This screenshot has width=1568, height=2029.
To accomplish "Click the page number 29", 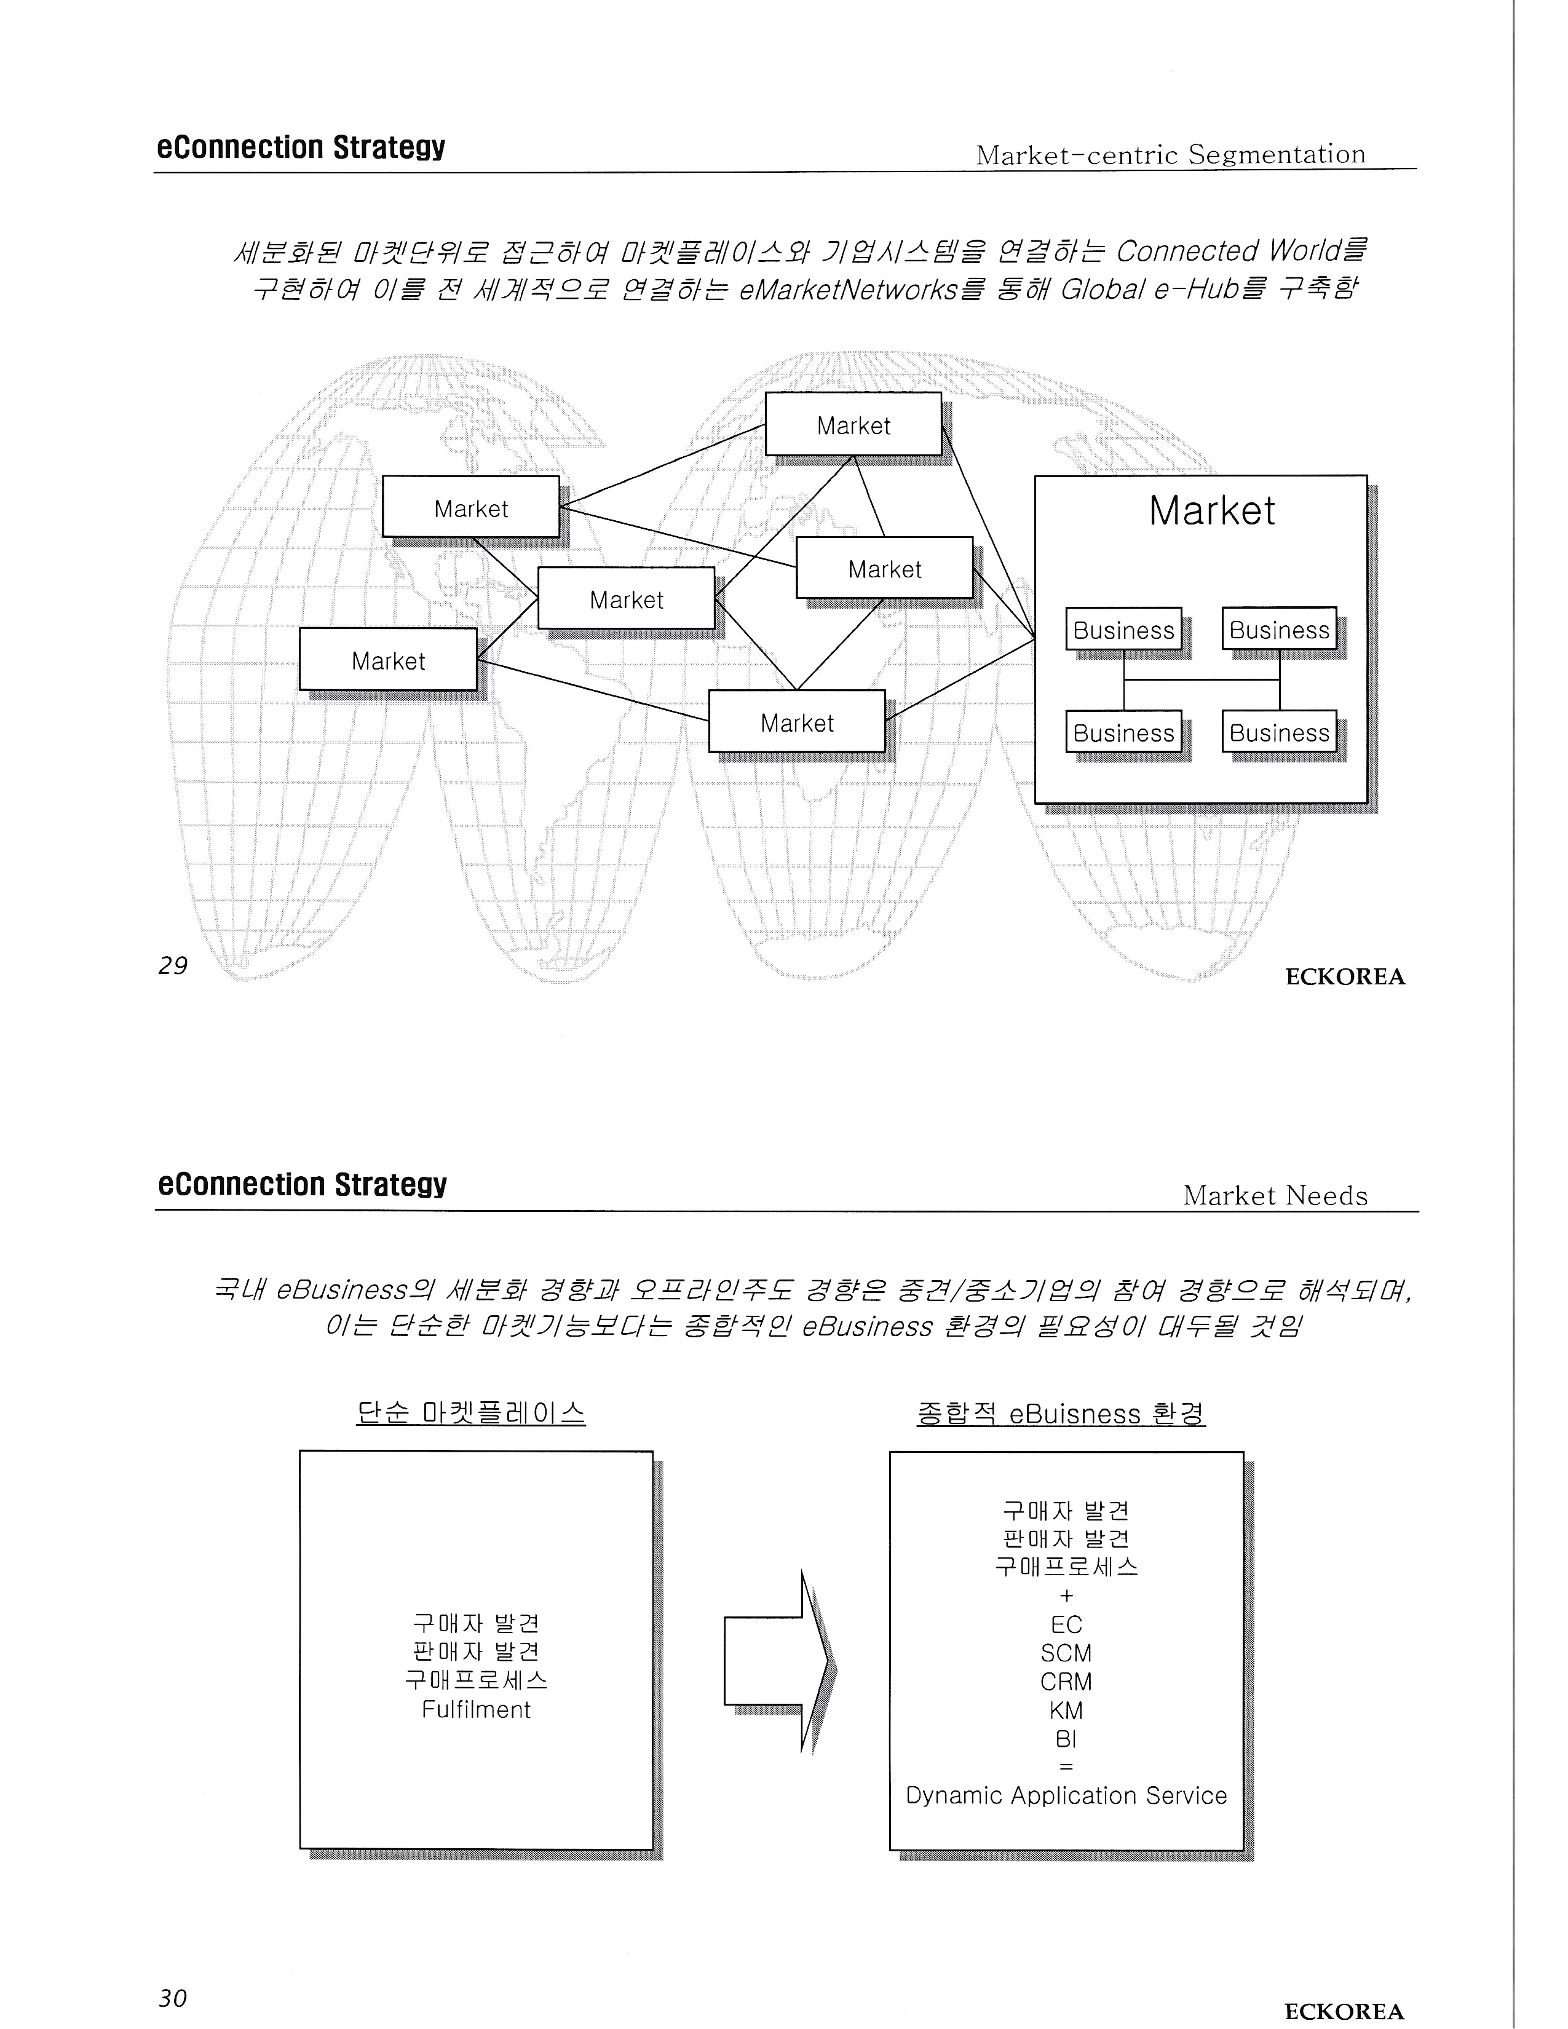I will click(x=173, y=966).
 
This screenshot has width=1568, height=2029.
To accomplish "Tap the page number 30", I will click(x=173, y=1998).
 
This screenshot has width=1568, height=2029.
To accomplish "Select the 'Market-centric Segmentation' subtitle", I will click(x=1170, y=154).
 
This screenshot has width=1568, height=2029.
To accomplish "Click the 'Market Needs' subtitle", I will click(x=1275, y=1196).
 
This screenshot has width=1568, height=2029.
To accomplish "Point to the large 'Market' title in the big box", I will click(x=1211, y=511).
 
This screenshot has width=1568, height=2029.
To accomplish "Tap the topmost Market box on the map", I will click(x=853, y=425).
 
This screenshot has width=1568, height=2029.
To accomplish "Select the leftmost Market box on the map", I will click(x=387, y=660).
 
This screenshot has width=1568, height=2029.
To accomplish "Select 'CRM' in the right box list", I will click(x=1066, y=1682).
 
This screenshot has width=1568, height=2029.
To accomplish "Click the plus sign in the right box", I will click(x=1066, y=1596).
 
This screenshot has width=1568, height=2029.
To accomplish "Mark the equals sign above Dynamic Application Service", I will click(x=1066, y=1767).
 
